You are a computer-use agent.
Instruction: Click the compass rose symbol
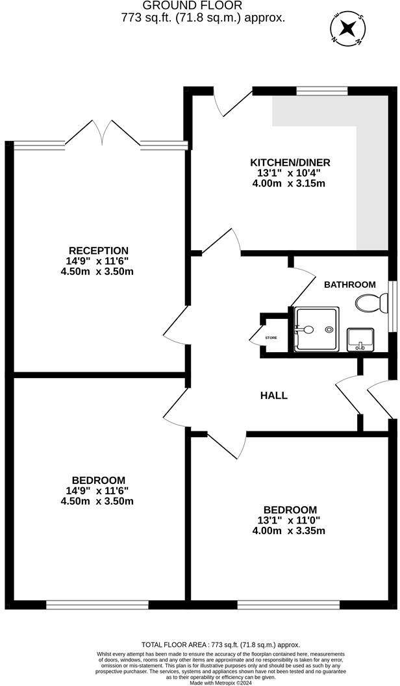(349, 28)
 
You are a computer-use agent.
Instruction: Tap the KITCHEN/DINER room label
(291, 162)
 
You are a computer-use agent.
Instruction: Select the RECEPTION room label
(99, 251)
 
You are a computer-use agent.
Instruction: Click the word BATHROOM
(350, 285)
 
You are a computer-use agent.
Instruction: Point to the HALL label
(273, 395)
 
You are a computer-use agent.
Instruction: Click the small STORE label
(271, 338)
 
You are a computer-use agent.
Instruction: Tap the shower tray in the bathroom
(316, 329)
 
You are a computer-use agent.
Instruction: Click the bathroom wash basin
(358, 339)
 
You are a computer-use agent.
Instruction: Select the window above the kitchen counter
(313, 91)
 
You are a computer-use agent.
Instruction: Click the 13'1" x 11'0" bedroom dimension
(290, 520)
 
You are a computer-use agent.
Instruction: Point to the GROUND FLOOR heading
(203, 6)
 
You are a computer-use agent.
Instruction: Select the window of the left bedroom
(97, 605)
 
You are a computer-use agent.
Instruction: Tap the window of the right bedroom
(288, 605)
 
